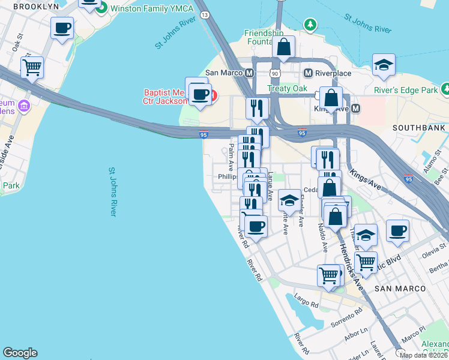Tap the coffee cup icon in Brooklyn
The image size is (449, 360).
(x=62, y=28)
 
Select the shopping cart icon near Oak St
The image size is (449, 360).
(x=32, y=67)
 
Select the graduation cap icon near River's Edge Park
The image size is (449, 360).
(x=384, y=65)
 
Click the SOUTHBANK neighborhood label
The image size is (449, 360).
(x=418, y=128)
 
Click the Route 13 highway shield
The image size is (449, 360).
(x=205, y=14)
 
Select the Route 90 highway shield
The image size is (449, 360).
(x=275, y=73)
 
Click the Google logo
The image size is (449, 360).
(x=20, y=353)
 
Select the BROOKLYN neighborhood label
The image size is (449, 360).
(x=36, y=7)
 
